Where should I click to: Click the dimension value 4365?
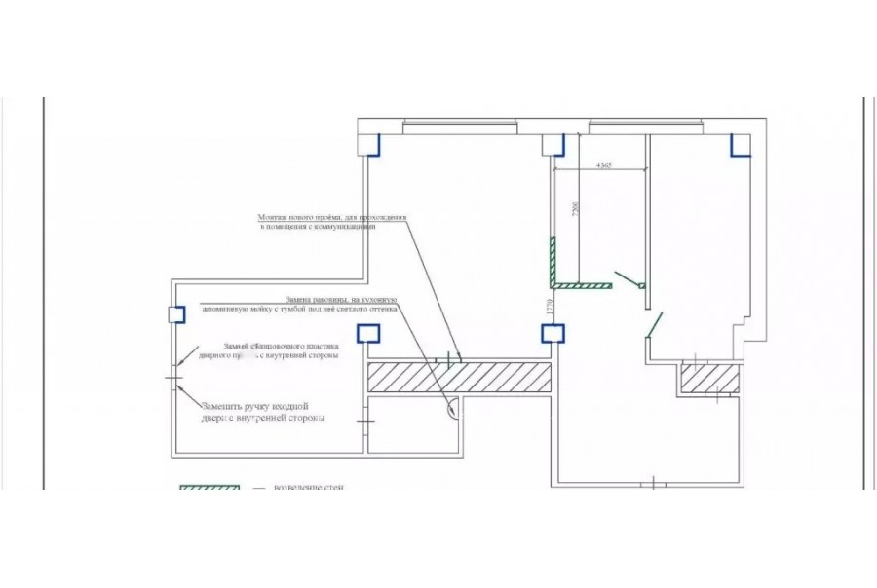point(603,165)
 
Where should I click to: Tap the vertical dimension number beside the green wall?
point(575,209)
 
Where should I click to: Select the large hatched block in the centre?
point(460,376)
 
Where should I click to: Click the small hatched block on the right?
point(710,378)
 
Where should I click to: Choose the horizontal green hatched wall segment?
point(582,286)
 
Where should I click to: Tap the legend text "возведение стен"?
point(308,487)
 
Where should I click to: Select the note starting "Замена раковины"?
point(341,304)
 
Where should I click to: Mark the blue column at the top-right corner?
point(741,145)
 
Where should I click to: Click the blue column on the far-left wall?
point(177,314)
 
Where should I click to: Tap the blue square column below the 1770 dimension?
point(553,333)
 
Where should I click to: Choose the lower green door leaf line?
point(654,324)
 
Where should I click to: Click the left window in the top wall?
point(457,124)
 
